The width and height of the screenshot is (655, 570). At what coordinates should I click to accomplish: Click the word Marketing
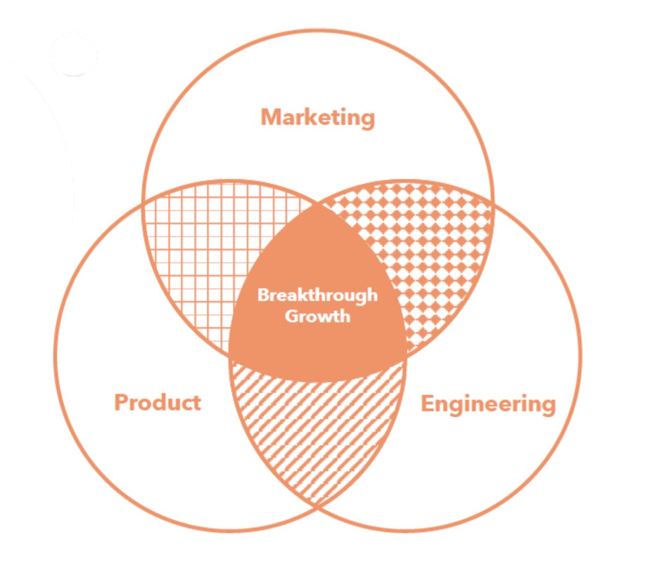click(x=318, y=117)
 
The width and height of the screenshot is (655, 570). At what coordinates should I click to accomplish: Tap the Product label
click(x=157, y=402)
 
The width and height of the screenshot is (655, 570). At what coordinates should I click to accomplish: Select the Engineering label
click(x=488, y=404)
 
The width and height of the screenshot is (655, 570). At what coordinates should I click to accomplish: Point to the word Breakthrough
click(x=317, y=295)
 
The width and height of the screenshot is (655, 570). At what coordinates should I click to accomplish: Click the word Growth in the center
click(x=317, y=316)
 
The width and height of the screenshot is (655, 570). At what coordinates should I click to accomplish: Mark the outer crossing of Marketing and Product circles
click(x=144, y=205)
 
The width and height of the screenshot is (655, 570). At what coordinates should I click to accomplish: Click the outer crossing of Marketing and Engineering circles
click(x=493, y=205)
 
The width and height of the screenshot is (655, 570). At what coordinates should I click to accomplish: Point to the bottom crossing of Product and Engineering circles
click(x=318, y=507)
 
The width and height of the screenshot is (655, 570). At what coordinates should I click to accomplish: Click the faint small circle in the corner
click(x=74, y=55)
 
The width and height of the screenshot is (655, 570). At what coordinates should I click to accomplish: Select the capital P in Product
click(x=121, y=402)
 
